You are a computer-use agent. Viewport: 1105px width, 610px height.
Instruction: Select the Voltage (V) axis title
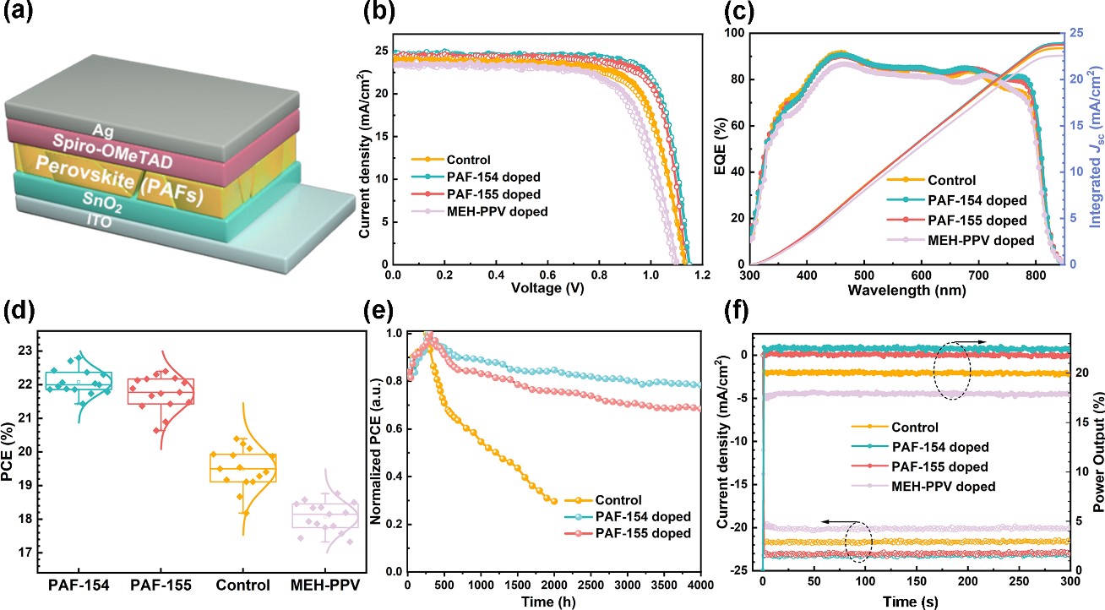coord(547,290)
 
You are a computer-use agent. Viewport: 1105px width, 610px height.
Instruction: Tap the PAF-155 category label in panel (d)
coord(161,583)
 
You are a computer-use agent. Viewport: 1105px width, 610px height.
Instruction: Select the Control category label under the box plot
coord(242,583)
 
